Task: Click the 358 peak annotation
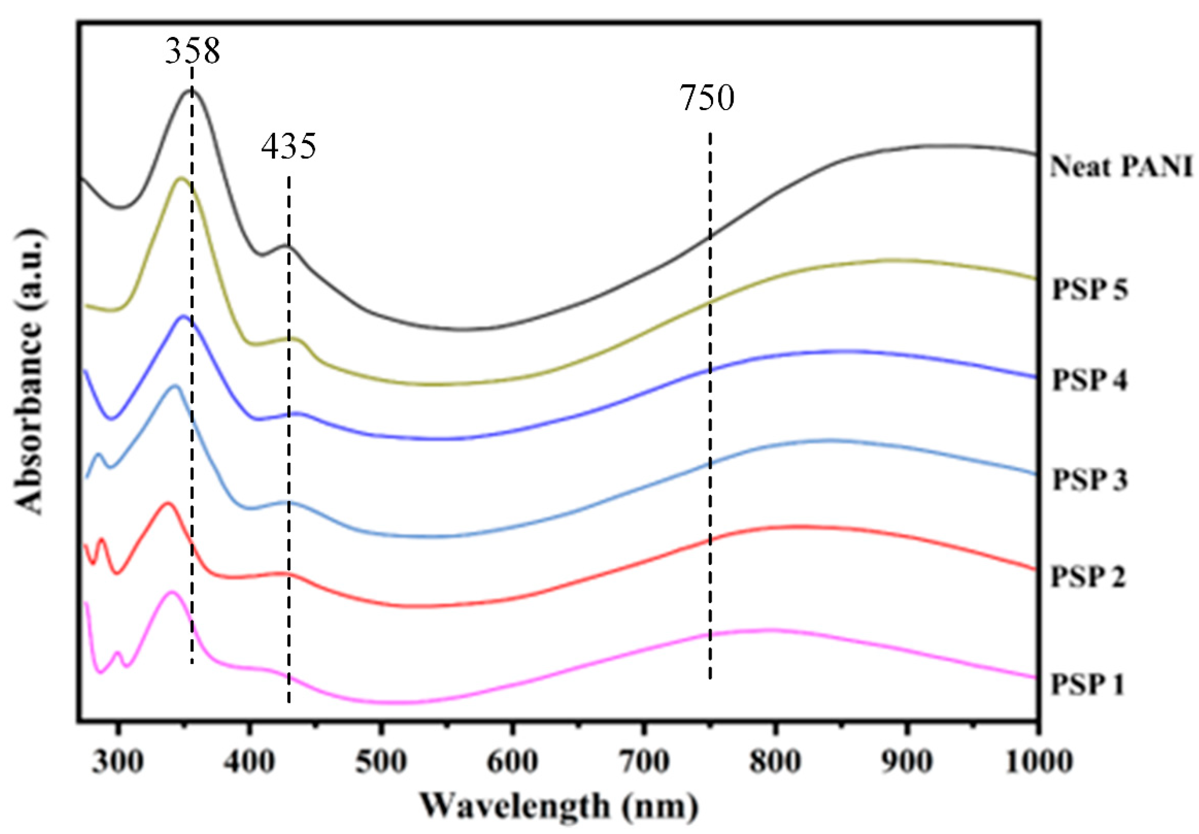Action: pos(192,52)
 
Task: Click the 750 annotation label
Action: pos(707,98)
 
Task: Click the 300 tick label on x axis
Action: pos(118,763)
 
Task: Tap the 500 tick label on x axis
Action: pos(381,763)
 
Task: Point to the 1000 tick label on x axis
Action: pos(1038,763)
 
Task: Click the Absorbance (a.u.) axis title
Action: pos(29,371)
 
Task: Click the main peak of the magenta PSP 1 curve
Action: pos(171,592)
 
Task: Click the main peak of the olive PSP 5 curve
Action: pos(181,178)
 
